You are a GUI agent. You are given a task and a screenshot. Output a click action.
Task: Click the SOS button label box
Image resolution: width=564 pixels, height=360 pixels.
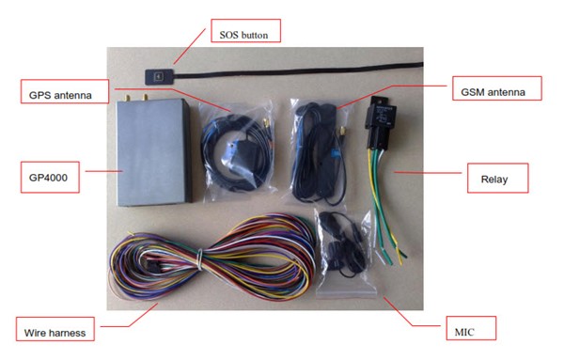click(245, 31)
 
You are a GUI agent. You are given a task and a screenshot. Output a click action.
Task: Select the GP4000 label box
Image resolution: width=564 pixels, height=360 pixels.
click(50, 178)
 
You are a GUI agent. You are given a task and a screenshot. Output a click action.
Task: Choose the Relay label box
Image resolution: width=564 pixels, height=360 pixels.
click(498, 178)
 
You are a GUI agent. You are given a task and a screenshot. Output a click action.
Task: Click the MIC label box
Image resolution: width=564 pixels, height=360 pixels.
click(471, 328)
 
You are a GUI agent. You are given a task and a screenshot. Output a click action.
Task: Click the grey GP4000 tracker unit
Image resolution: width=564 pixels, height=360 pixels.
click(154, 153)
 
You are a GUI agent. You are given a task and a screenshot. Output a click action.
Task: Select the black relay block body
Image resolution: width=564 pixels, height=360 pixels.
click(380, 123)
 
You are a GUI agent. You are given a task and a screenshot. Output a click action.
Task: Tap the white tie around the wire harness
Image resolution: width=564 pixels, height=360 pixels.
click(199, 258)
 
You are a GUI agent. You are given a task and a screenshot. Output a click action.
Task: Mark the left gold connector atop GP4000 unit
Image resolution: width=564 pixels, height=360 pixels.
click(127, 98)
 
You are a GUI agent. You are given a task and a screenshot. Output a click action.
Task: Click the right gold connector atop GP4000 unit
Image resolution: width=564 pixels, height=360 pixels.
click(145, 97)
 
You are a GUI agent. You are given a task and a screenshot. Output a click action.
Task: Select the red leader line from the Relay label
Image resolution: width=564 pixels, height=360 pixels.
click(428, 173)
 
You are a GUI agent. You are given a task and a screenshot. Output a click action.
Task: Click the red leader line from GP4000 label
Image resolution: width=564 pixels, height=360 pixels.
click(104, 171)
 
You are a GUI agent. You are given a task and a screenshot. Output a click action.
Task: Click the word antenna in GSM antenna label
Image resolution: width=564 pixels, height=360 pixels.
click(506, 92)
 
